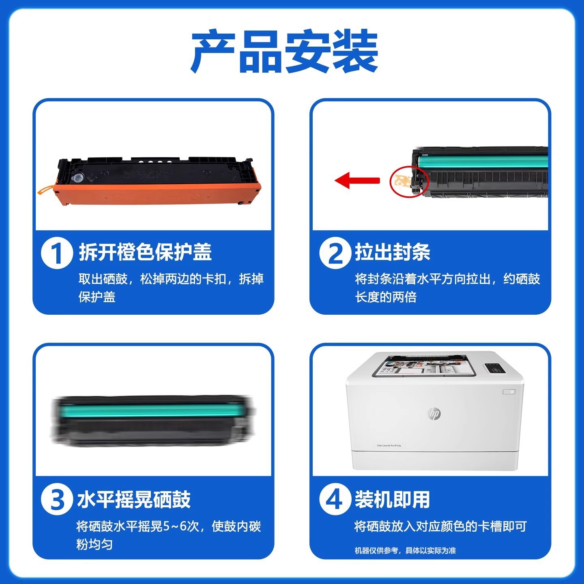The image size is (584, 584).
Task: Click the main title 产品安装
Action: [285, 52]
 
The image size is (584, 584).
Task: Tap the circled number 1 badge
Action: [57, 253]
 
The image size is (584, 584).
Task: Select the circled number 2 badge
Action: [335, 253]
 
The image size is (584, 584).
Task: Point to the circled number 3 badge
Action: [57, 499]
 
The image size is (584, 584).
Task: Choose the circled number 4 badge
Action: [335, 499]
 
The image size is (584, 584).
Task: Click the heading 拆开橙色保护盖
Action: [145, 252]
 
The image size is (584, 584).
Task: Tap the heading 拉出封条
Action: [392, 252]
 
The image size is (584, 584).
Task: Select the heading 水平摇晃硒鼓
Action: [134, 499]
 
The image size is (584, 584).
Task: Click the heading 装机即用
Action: [392, 499]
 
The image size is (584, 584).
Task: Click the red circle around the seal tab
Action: [409, 181]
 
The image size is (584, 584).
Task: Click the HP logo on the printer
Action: [434, 413]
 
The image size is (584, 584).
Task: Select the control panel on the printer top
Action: [494, 368]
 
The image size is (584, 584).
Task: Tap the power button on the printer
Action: [509, 392]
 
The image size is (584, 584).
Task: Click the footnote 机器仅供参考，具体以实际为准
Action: [405, 550]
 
